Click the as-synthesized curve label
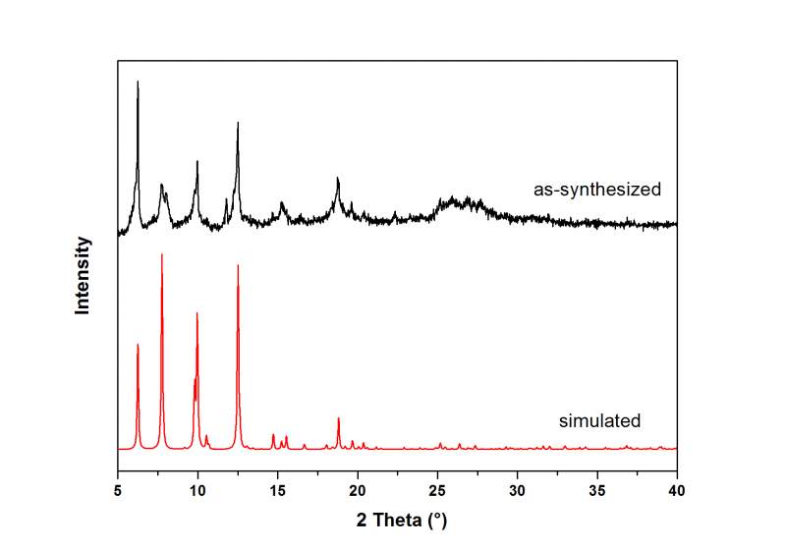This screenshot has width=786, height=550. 597,190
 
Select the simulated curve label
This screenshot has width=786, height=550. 599,421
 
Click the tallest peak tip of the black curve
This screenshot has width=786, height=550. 138,82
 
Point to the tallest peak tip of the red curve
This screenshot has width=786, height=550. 162,253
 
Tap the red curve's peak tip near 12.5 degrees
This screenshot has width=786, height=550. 238,265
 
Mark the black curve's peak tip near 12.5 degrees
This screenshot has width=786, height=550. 238,123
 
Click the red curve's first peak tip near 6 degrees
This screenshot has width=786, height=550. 138,345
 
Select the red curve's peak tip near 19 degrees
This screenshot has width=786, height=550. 339,418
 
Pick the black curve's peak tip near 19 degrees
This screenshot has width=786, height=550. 338,178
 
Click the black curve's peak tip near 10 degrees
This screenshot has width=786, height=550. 197,161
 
